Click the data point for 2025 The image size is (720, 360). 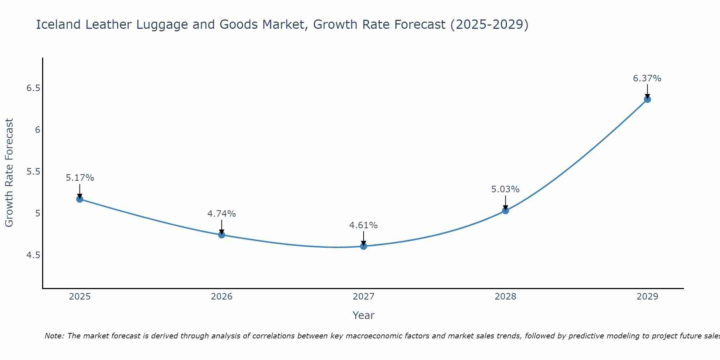[x=80, y=199]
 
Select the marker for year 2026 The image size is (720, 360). [x=222, y=235]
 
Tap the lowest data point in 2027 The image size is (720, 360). [x=364, y=246]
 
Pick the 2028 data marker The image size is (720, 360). [x=505, y=211]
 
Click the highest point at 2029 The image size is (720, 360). [x=647, y=99]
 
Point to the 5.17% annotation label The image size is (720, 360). [x=80, y=178]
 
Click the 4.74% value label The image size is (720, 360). [x=222, y=214]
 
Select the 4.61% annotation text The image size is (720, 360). [x=364, y=225]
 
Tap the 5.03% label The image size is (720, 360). [x=505, y=189]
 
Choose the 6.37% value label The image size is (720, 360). [x=647, y=78]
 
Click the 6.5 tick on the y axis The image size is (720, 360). [x=33, y=88]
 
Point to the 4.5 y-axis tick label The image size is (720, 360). [x=33, y=255]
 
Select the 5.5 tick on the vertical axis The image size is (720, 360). [x=33, y=172]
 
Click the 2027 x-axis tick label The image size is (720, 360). [x=364, y=297]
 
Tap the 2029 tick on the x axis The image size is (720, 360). [x=647, y=297]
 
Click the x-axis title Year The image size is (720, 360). [x=364, y=315]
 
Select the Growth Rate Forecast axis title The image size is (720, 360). [x=9, y=173]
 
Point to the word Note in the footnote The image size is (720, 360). [x=54, y=336]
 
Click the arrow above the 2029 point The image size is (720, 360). [x=647, y=91]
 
